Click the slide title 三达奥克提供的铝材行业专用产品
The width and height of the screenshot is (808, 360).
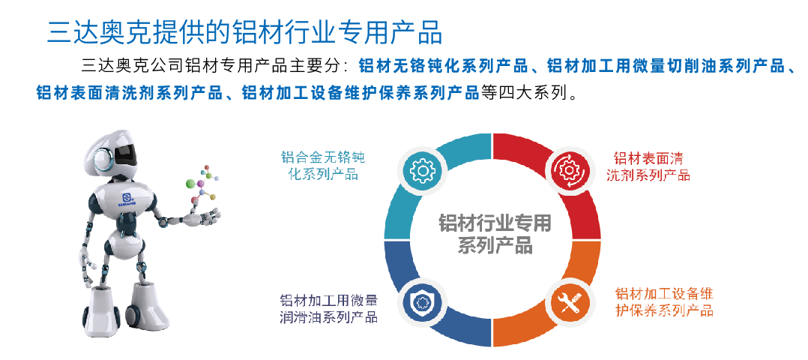click(x=244, y=32)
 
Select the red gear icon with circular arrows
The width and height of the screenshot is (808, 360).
click(x=567, y=170)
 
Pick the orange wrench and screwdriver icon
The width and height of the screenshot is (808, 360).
click(x=567, y=302)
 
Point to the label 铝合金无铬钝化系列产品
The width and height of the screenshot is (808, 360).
click(x=322, y=165)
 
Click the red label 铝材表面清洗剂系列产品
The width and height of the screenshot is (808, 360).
click(x=648, y=166)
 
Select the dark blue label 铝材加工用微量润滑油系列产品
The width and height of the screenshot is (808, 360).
click(x=328, y=308)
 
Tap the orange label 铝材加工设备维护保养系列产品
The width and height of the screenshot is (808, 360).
click(x=664, y=301)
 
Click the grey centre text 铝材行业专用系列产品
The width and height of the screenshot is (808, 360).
click(x=495, y=234)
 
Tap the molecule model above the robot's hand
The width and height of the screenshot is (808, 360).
click(x=202, y=184)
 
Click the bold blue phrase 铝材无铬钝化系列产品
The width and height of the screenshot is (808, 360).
click(x=444, y=66)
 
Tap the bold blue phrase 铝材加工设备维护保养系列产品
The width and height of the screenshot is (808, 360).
click(x=361, y=93)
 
